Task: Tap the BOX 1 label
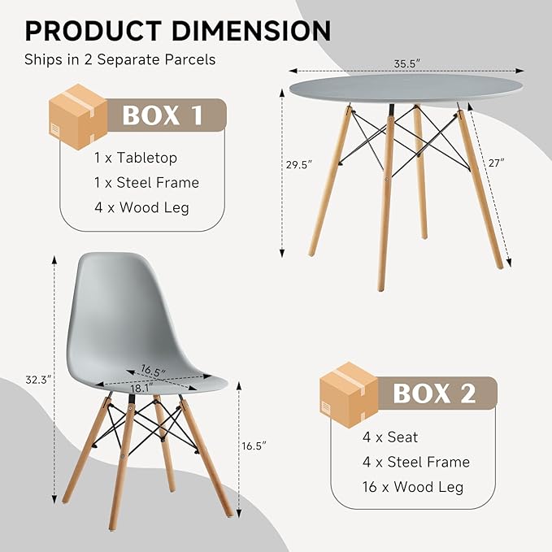click(163, 115)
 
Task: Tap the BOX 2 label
click(434, 393)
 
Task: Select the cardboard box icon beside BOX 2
click(349, 394)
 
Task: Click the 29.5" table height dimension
click(298, 163)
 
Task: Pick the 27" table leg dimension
click(496, 162)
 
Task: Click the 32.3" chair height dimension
click(38, 379)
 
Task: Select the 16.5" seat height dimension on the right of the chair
click(254, 446)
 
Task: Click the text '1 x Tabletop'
click(135, 158)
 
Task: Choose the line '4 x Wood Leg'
click(141, 207)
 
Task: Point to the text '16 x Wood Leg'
click(412, 487)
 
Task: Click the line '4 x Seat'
click(390, 437)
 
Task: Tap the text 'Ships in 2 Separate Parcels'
click(120, 60)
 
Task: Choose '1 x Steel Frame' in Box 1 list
click(146, 183)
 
